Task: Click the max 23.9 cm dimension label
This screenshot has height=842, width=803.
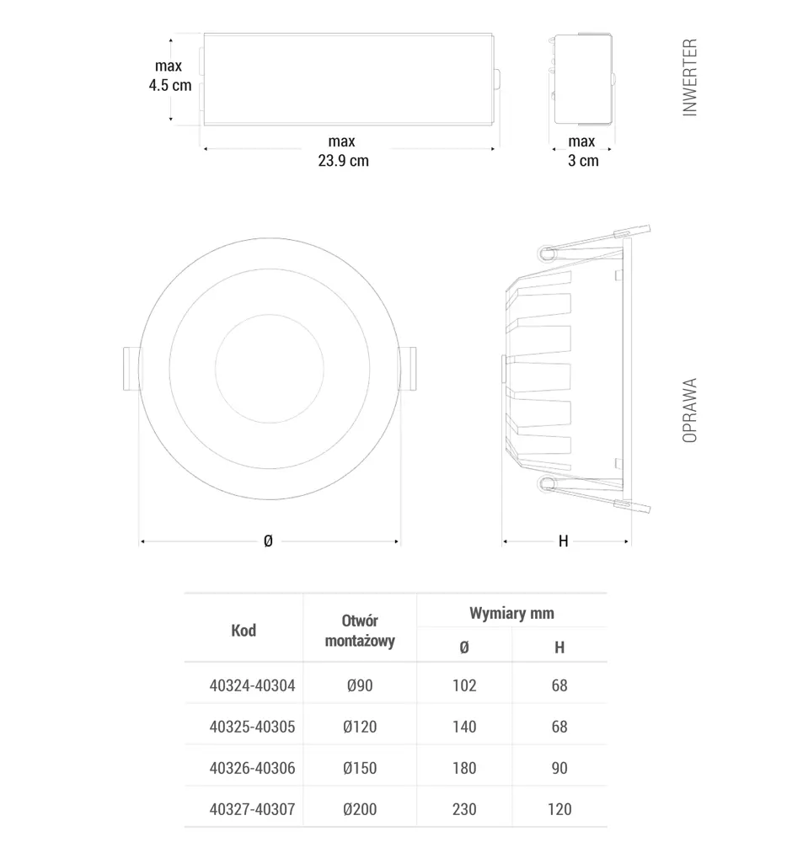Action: tap(343, 151)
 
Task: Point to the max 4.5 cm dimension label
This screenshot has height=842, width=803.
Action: tap(170, 76)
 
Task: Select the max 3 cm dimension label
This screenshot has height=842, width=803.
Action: tap(582, 151)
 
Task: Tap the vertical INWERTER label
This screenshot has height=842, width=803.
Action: tap(689, 77)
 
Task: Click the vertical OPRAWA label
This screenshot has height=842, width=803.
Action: tap(689, 410)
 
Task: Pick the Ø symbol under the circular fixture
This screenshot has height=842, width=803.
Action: tap(268, 541)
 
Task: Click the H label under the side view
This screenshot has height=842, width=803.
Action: tap(564, 541)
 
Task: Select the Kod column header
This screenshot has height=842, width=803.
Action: tap(244, 631)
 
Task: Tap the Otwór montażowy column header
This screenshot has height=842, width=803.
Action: tap(360, 631)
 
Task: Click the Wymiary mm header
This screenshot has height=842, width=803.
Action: tap(511, 613)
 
